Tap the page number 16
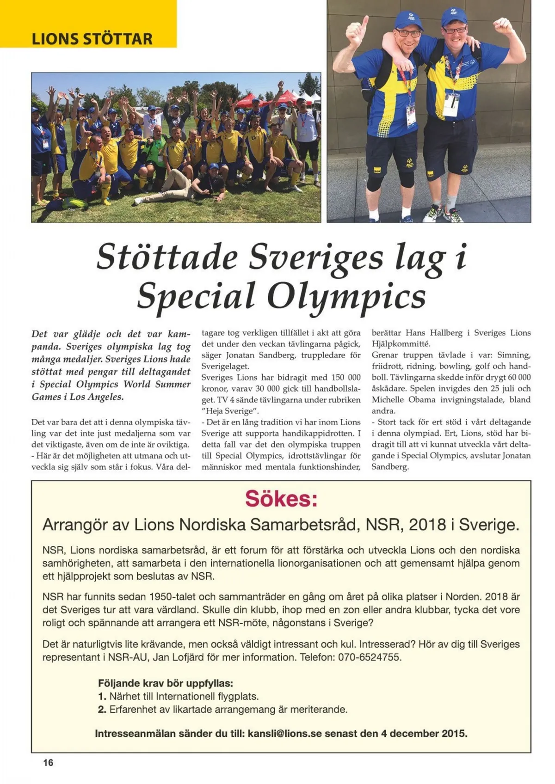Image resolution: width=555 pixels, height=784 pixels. [48, 763]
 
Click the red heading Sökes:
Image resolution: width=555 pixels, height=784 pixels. [281, 499]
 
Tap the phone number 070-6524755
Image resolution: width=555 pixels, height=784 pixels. [370, 657]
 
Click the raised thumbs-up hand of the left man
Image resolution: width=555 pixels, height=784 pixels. [360, 28]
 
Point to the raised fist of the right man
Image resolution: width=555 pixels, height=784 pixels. [503, 25]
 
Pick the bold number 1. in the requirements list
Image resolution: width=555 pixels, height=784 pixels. [102, 696]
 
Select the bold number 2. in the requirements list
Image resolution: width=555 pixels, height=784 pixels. [102, 709]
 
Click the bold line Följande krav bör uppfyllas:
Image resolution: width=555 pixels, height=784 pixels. [165, 683]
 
